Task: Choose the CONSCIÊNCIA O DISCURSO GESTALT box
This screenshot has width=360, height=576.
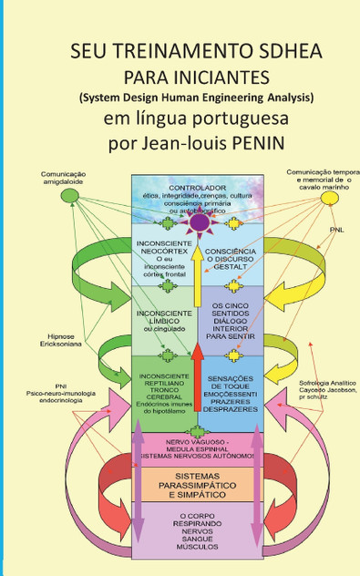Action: [x=231, y=257]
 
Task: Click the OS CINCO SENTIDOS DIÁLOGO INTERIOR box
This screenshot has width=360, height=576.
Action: [x=231, y=321]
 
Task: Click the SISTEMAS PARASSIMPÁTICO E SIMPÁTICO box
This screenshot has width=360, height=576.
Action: [x=197, y=481]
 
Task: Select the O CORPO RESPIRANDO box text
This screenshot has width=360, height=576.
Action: [x=197, y=533]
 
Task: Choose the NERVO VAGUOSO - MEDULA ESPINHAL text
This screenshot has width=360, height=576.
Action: [x=197, y=447]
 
